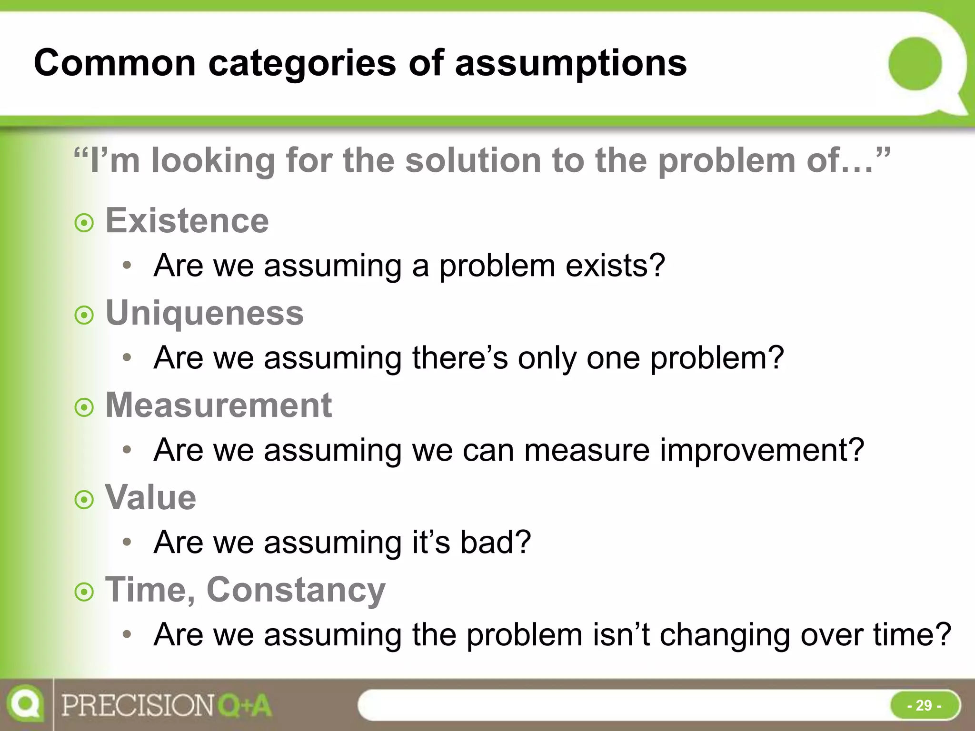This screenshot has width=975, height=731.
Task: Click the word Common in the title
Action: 115,63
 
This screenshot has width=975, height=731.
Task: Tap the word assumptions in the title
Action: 571,64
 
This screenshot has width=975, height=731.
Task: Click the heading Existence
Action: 187,221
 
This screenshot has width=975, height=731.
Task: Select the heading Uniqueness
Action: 204,313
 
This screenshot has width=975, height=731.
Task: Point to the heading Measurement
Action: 219,405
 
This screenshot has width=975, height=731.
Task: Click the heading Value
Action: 150,498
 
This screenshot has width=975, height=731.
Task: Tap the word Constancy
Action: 296,590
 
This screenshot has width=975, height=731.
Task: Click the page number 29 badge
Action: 924,705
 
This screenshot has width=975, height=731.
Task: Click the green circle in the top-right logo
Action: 915,64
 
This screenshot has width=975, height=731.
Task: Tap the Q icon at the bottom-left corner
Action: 25,704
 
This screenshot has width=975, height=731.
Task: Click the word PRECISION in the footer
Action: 138,705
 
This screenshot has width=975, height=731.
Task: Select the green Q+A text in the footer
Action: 245,705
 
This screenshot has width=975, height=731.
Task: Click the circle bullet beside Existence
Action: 84,223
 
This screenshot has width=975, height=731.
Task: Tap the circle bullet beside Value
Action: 84,500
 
